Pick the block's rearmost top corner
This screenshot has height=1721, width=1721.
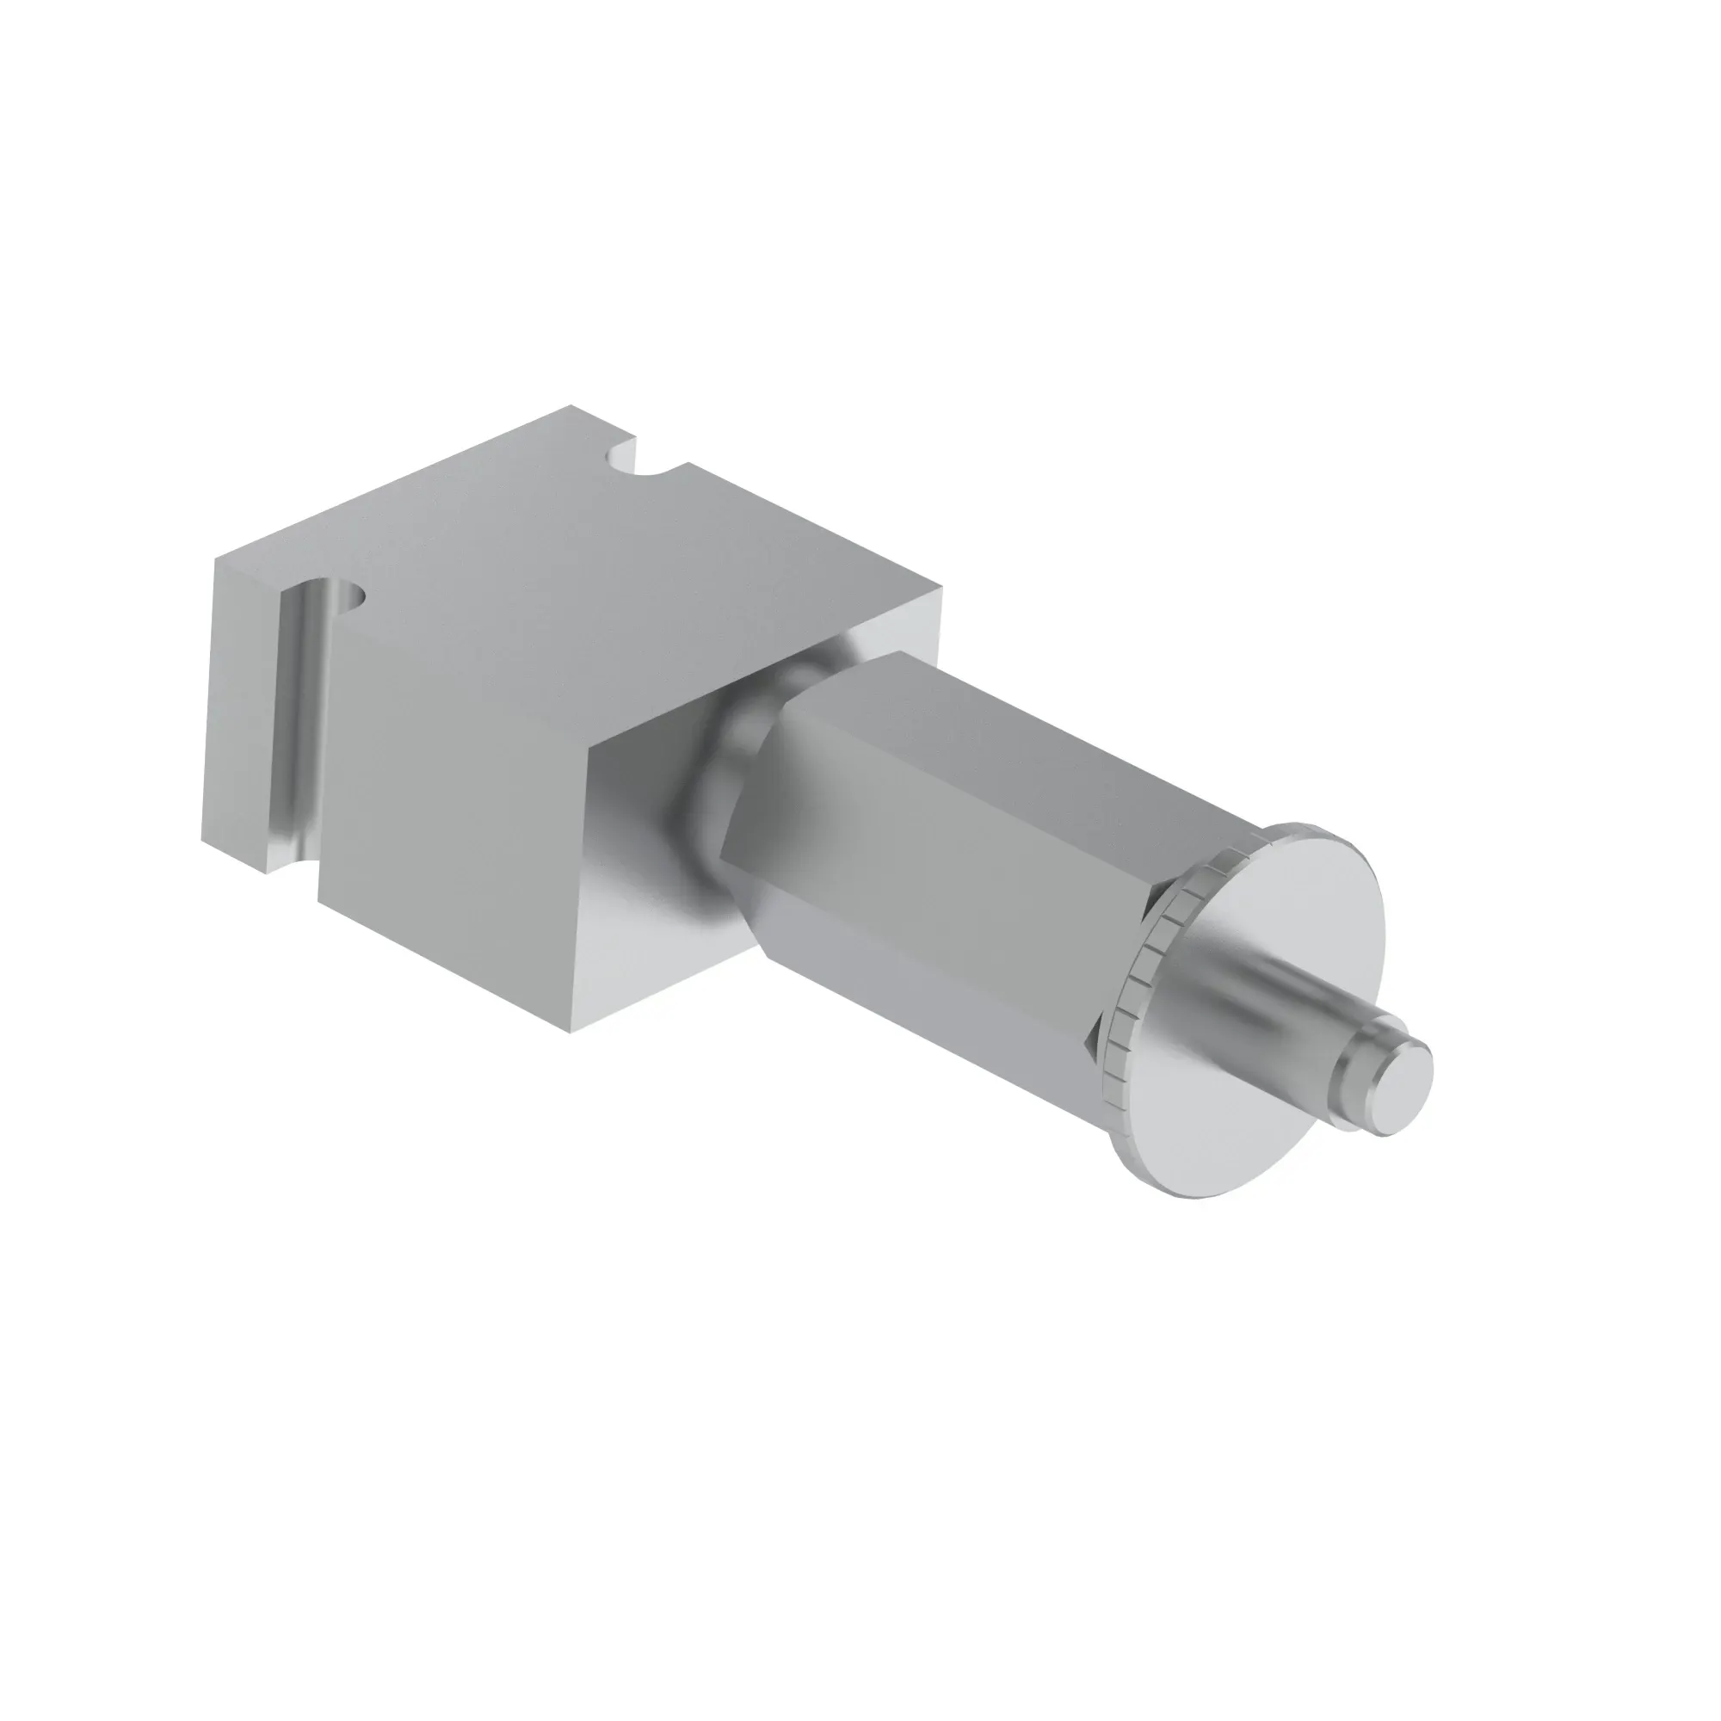(571, 407)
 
